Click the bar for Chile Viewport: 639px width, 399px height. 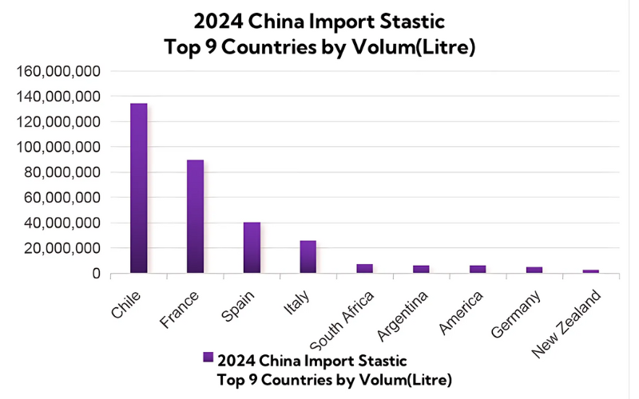(139, 188)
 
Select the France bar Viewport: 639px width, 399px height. (196, 216)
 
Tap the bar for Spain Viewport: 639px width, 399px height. (252, 247)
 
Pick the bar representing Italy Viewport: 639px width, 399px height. (308, 257)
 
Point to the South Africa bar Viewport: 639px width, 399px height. (364, 269)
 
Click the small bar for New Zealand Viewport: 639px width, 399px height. (590, 271)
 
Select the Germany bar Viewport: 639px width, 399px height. (534, 270)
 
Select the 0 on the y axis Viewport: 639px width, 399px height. (95, 274)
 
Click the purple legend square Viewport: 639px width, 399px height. (208, 357)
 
